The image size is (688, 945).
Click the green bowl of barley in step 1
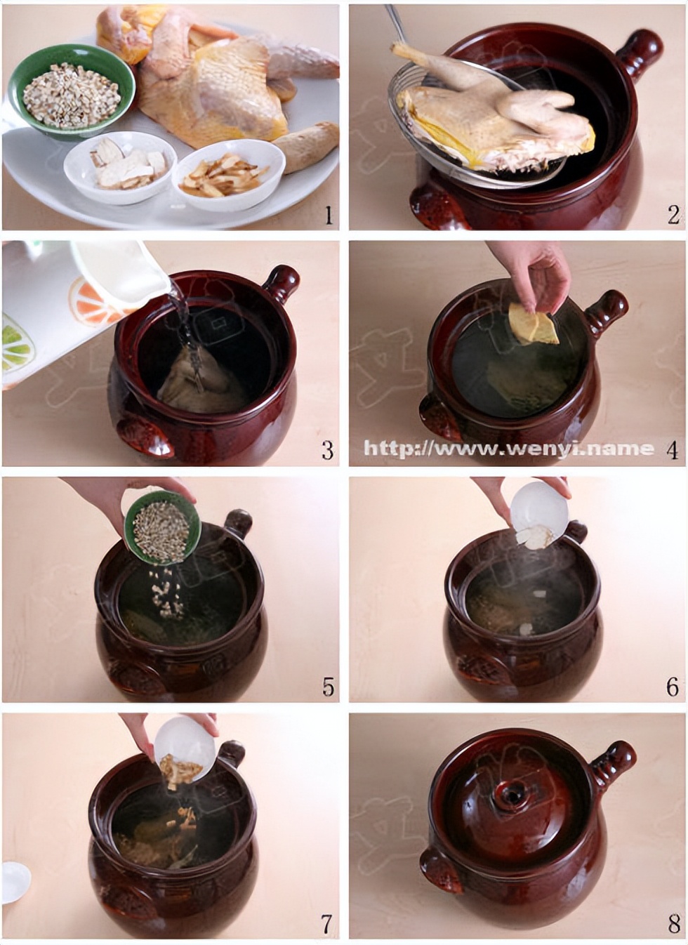pos(71,90)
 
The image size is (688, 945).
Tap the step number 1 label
pos(328,215)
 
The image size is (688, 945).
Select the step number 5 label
pos(328,687)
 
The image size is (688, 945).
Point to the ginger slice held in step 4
pos(532,326)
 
